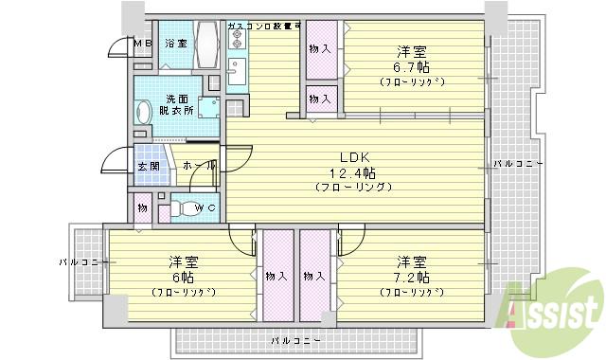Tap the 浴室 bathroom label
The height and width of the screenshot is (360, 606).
[176, 44]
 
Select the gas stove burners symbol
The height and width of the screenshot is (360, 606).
[236, 39]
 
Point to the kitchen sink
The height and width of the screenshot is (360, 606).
[237, 71]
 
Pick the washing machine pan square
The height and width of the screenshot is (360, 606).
[206, 110]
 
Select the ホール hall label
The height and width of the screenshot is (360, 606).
[198, 166]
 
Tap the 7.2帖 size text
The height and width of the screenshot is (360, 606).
[411, 277]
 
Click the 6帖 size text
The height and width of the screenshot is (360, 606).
[184, 277]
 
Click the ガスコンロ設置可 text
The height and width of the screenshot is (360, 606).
[263, 25]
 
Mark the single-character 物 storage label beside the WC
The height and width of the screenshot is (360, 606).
[142, 207]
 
